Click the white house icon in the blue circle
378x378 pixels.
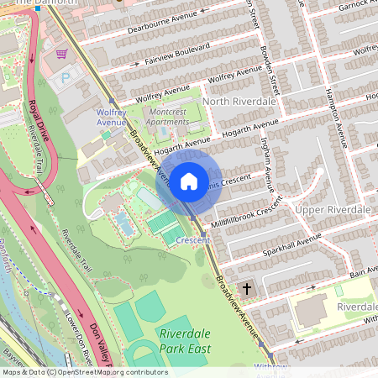(189, 181)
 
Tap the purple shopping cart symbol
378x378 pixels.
(61, 53)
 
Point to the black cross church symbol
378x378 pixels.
(246, 288)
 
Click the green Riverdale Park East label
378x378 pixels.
(184, 340)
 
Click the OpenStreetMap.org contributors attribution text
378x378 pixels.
(109, 372)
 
